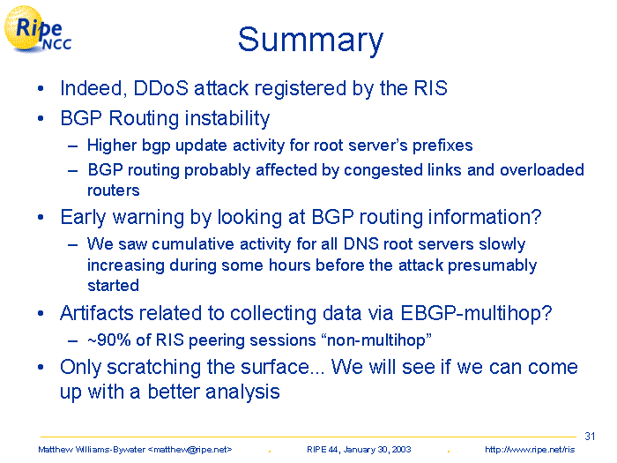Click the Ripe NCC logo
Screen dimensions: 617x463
point(38,29)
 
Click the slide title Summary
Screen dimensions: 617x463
point(310,41)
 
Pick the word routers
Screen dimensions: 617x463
point(114,190)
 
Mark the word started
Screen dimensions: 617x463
point(114,286)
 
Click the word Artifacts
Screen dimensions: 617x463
point(97,313)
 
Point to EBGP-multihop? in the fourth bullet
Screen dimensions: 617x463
point(476,314)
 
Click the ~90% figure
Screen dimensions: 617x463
point(109,340)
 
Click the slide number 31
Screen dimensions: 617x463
point(590,437)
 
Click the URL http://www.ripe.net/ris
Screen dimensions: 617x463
point(530,450)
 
